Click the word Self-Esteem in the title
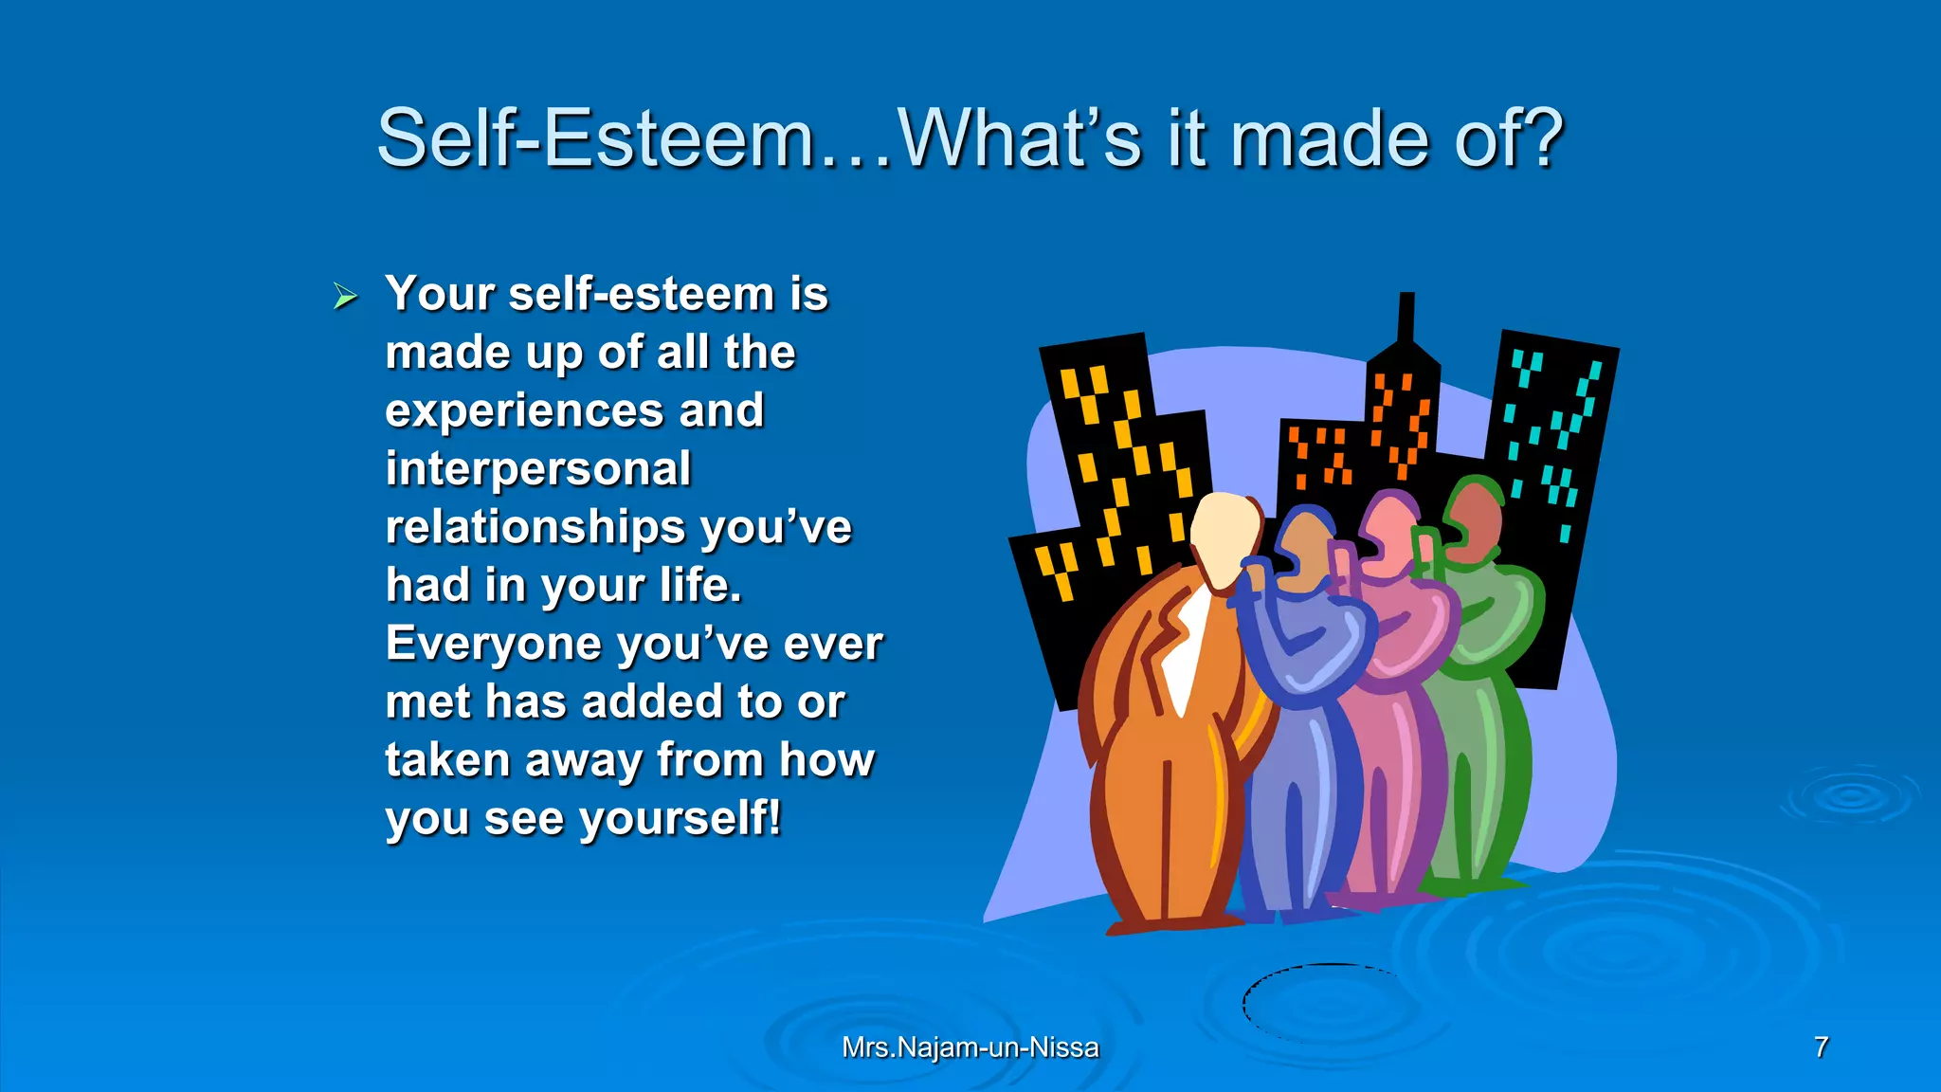[x=595, y=139]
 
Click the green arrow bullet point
[x=345, y=297]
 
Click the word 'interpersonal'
[x=538, y=469]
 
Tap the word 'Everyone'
[x=494, y=644]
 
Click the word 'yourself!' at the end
[x=680, y=818]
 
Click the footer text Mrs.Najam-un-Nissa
[x=970, y=1047]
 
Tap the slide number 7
[x=1821, y=1047]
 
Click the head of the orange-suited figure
[x=1225, y=536]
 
